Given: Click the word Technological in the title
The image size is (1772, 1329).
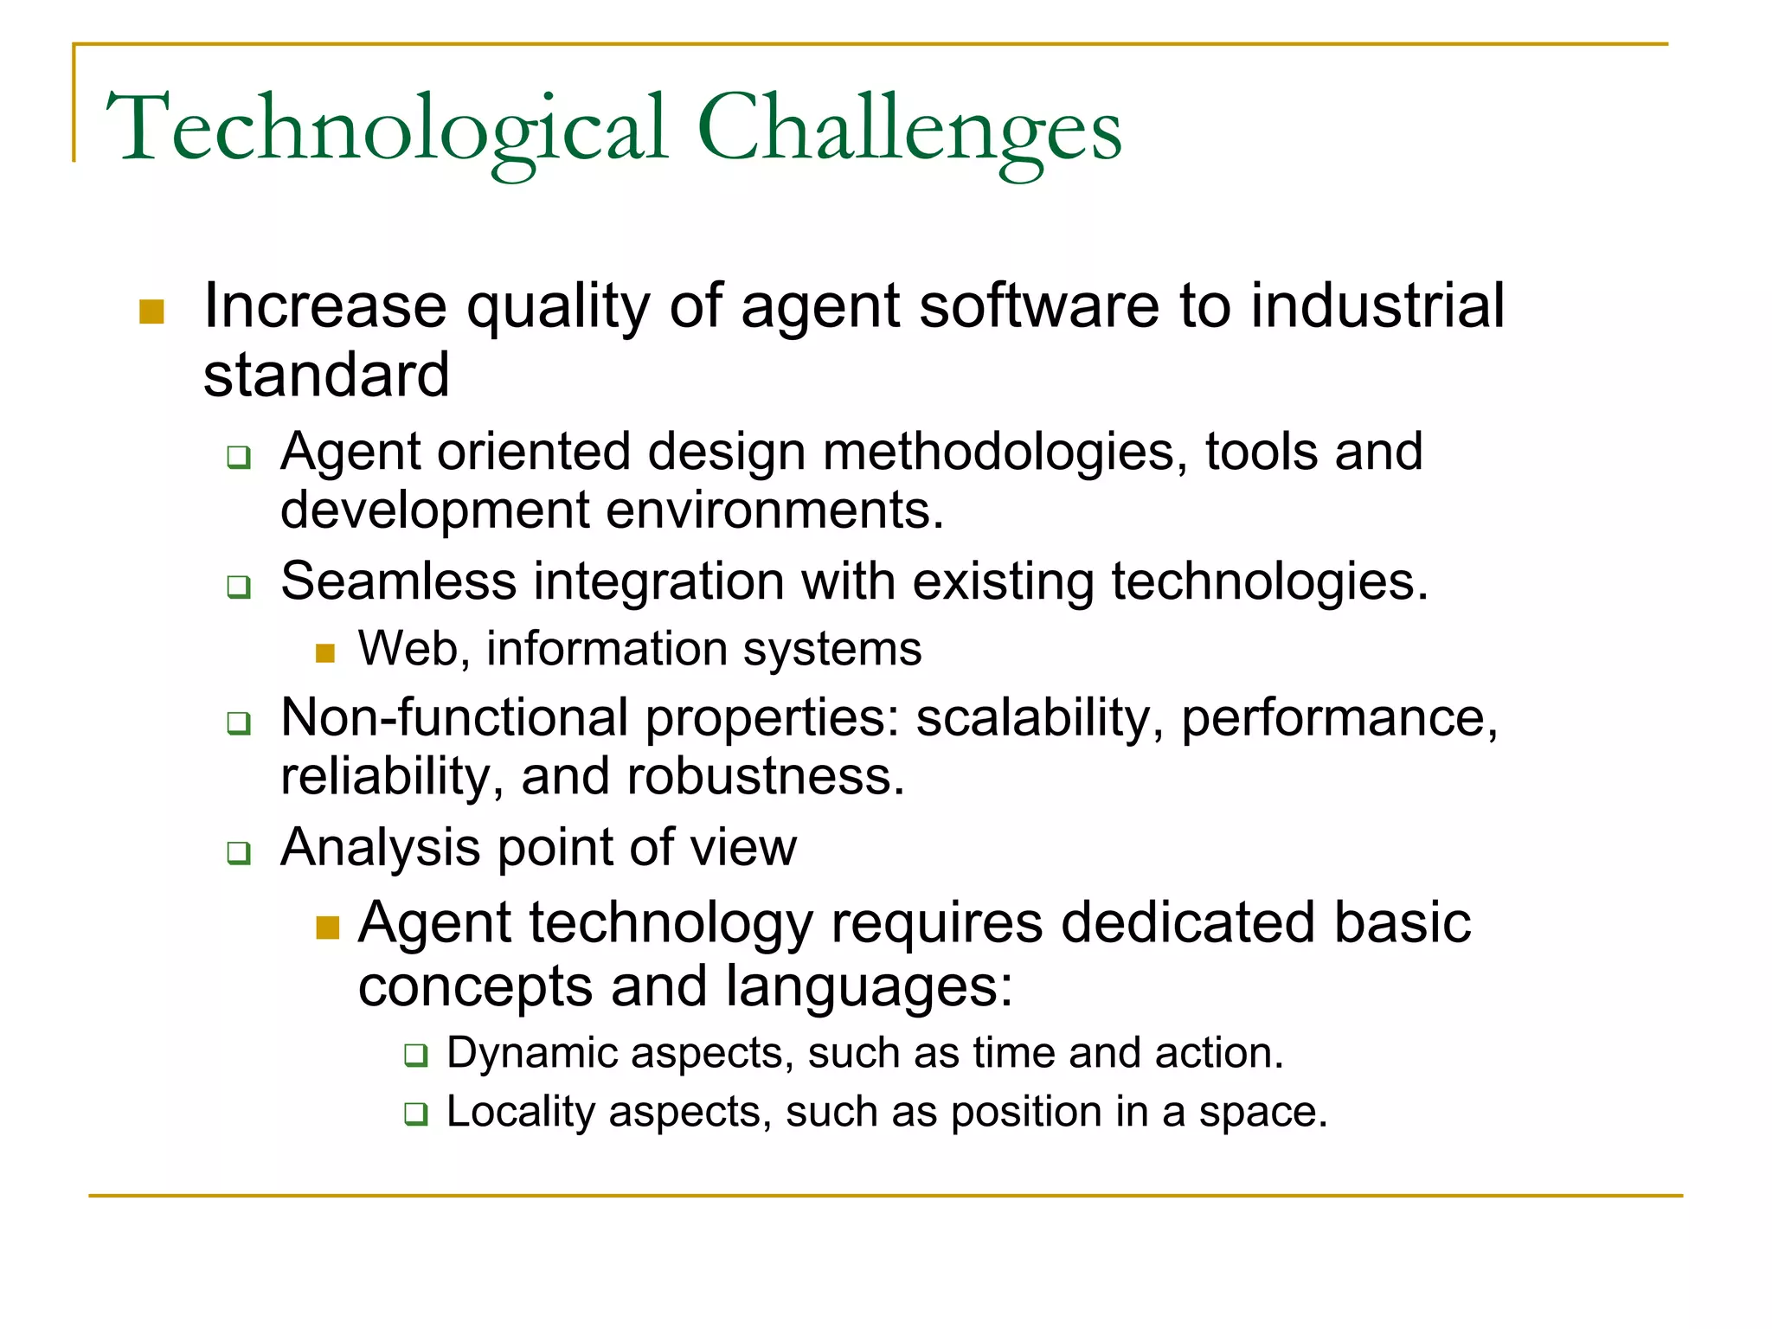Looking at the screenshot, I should point(387,130).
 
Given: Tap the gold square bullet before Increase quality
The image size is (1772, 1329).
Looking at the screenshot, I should point(151,311).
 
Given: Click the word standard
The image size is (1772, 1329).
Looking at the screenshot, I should point(326,376).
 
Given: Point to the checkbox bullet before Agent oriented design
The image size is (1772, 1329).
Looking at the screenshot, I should point(239,457).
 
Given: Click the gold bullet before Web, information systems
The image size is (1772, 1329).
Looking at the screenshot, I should point(325,653).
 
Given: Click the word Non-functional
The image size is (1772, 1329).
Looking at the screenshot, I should point(455,718).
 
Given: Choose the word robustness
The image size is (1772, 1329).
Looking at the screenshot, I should point(766,776).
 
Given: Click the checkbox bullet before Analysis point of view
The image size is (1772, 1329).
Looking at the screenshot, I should point(239,853).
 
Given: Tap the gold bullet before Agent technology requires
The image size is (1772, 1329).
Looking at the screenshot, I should point(328,928).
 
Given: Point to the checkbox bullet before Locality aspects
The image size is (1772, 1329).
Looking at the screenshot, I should point(416,1114).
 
